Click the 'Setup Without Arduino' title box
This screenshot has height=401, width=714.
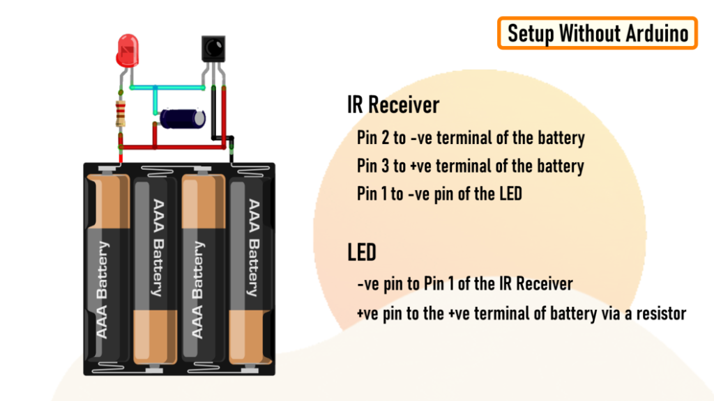[x=598, y=33]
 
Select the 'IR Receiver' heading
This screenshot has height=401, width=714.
[x=393, y=105]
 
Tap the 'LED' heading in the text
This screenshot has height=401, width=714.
[x=362, y=252]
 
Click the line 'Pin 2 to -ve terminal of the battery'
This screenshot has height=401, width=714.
[x=471, y=138]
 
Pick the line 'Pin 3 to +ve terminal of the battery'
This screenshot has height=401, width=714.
[x=471, y=166]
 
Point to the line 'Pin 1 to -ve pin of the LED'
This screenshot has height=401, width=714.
[x=439, y=194]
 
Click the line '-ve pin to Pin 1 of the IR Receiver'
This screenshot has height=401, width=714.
[x=464, y=284]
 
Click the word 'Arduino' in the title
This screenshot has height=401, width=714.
[x=655, y=33]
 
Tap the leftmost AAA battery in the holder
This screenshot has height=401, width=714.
[x=107, y=272]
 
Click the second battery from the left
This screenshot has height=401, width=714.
[x=155, y=272]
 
